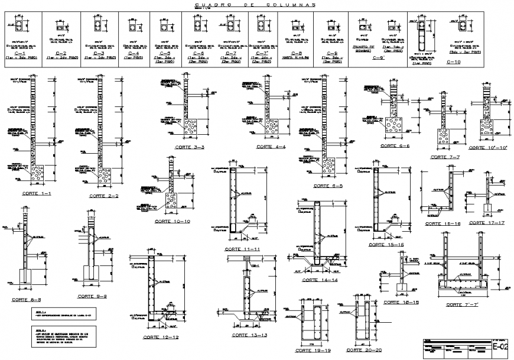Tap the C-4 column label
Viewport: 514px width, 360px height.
click(x=134, y=53)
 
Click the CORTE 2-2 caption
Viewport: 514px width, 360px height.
click(x=104, y=195)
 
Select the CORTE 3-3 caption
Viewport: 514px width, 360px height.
click(x=190, y=146)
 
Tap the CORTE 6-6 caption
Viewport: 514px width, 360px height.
click(x=395, y=145)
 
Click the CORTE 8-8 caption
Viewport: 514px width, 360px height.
click(x=25, y=300)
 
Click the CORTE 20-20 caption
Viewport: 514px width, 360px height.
click(x=362, y=350)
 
